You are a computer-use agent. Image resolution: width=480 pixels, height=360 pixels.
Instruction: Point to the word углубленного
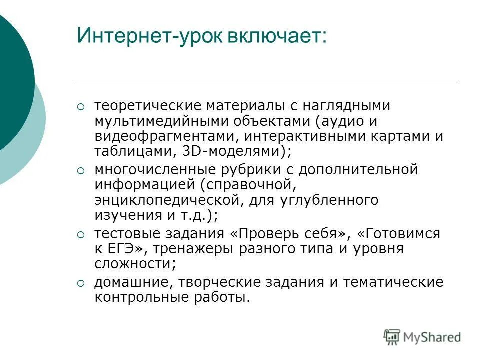pos(330,200)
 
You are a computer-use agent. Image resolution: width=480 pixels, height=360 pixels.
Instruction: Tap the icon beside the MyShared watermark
pos(392,337)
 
